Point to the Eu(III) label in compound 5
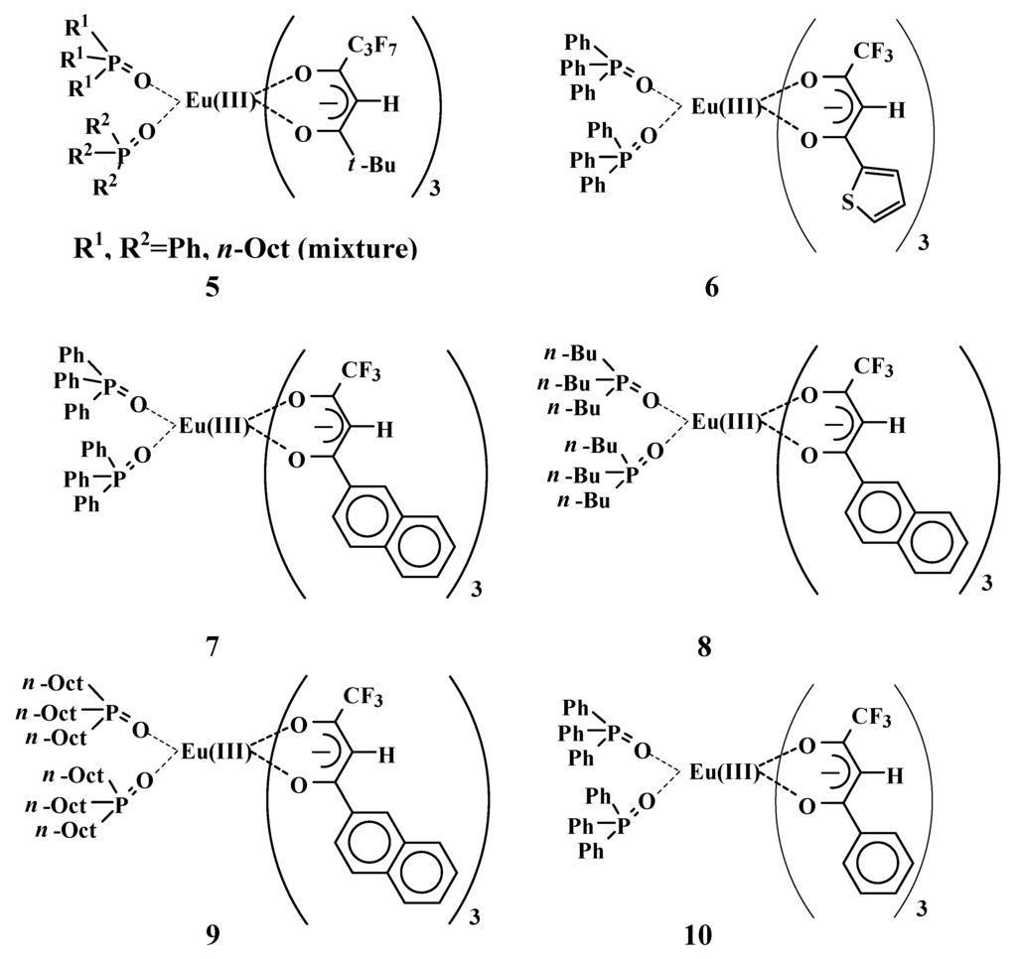pyautogui.click(x=222, y=100)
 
